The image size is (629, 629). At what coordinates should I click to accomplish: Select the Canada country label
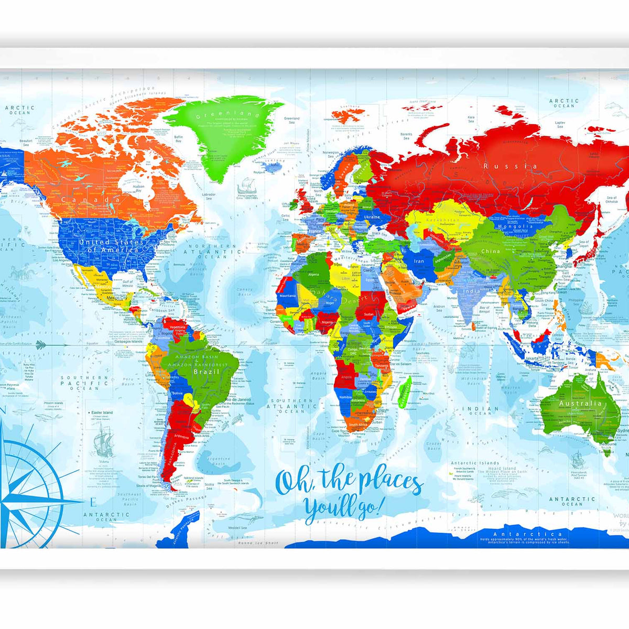coord(90,200)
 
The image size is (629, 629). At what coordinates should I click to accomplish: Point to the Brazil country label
coord(202,372)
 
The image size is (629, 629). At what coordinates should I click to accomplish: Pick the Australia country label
coord(580,404)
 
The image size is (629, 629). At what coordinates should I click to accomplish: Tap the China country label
coord(490,252)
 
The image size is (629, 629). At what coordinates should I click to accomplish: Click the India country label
coord(471,291)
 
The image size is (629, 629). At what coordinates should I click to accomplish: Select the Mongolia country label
coord(516,226)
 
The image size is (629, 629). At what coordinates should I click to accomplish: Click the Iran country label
coord(419,261)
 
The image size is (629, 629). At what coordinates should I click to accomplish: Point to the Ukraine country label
coord(372,217)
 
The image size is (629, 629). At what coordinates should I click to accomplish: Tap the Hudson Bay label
coord(138,188)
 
